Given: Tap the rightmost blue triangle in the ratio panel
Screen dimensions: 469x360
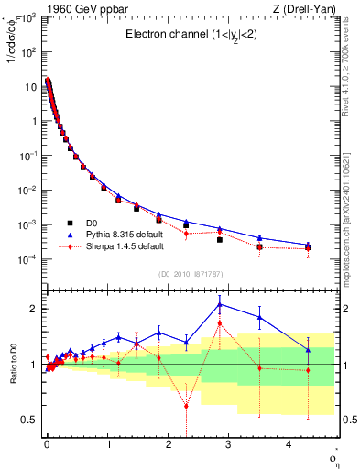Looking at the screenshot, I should pyautogui.click(x=308, y=349).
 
